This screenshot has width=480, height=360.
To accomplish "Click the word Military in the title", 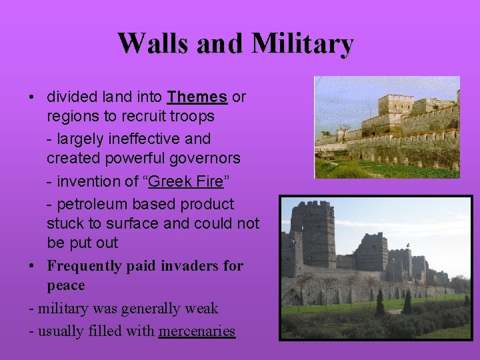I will click(x=303, y=43).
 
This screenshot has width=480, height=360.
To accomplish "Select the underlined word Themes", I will click(x=197, y=97).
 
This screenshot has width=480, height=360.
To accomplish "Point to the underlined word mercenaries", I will click(x=197, y=331).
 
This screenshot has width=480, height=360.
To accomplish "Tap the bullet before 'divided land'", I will click(x=32, y=97).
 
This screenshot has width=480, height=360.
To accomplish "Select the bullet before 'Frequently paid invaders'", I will click(x=32, y=266).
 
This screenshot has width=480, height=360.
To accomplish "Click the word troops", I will click(x=191, y=117).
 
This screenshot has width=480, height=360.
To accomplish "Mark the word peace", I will click(x=66, y=286).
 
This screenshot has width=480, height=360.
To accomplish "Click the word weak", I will click(x=201, y=309).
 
